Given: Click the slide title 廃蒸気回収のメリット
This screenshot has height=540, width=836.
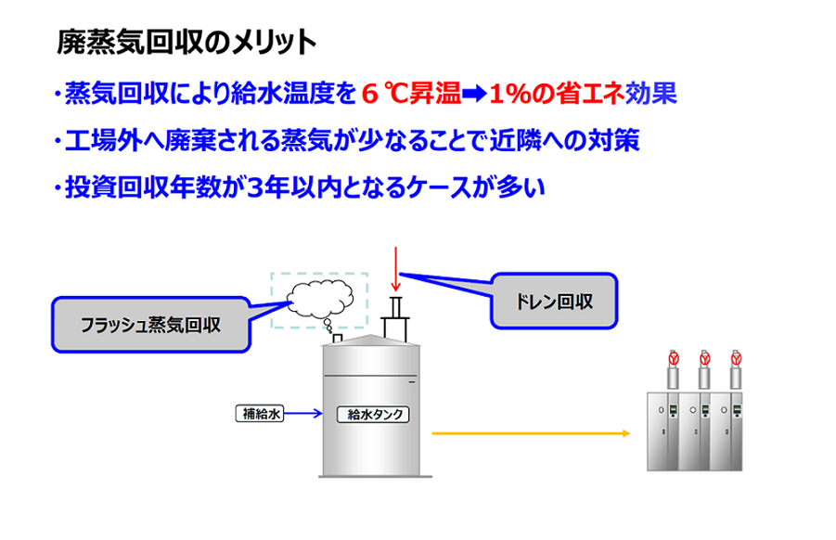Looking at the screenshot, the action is click(x=186, y=42).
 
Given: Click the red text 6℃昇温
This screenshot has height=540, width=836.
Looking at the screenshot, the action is click(x=411, y=94).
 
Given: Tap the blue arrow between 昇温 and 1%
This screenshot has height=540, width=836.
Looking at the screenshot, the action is click(x=474, y=94).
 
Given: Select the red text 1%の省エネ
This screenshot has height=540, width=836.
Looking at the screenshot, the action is click(x=557, y=94).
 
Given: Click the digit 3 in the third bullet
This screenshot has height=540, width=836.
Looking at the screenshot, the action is click(x=256, y=187).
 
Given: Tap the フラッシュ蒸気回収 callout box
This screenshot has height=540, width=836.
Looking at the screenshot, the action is click(x=151, y=325).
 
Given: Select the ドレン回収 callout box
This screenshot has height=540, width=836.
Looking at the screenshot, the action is click(x=554, y=302).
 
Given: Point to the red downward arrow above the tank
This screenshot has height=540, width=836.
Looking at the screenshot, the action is click(x=395, y=269).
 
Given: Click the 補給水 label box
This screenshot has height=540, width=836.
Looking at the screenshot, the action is click(x=260, y=414).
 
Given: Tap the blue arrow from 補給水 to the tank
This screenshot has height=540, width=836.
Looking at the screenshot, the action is click(x=303, y=413).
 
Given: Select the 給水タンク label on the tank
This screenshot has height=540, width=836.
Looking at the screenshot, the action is click(x=373, y=414).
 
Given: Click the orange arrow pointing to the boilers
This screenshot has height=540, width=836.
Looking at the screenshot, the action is click(x=531, y=433).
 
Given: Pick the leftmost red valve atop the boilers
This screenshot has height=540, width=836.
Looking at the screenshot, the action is click(x=674, y=358).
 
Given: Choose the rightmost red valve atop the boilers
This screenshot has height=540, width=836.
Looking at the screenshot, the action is click(x=737, y=358).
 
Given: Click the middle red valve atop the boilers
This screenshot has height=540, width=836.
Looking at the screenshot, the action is click(x=705, y=358).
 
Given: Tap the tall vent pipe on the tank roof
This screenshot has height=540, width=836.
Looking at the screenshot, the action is click(x=395, y=319).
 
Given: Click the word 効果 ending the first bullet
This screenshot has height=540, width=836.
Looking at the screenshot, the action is click(x=651, y=94).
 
